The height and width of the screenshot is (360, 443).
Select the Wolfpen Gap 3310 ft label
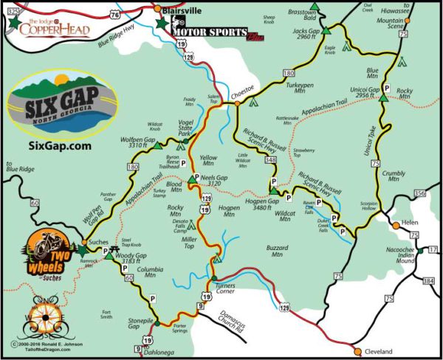click(145, 144)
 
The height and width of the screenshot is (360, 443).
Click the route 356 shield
click(419, 194)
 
